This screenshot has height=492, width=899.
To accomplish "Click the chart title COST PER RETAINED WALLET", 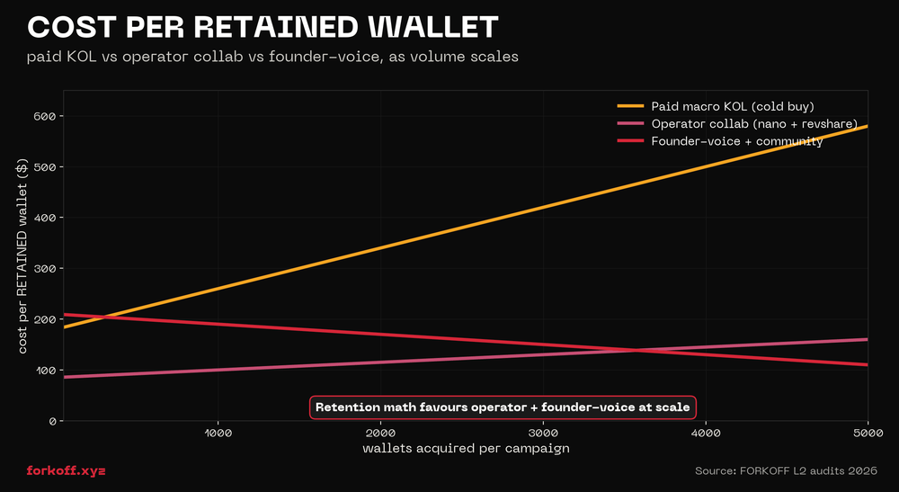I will [263, 26].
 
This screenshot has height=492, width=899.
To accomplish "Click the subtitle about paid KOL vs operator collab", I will [273, 57].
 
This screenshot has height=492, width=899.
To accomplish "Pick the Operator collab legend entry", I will [753, 123].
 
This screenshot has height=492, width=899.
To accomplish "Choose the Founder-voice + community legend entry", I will [736, 141].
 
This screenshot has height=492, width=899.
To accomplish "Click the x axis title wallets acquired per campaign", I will [466, 448].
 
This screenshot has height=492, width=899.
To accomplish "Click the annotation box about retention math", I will [503, 407].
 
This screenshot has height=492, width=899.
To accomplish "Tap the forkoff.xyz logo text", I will [66, 470].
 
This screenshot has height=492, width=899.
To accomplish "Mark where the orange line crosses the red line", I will [106, 317].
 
